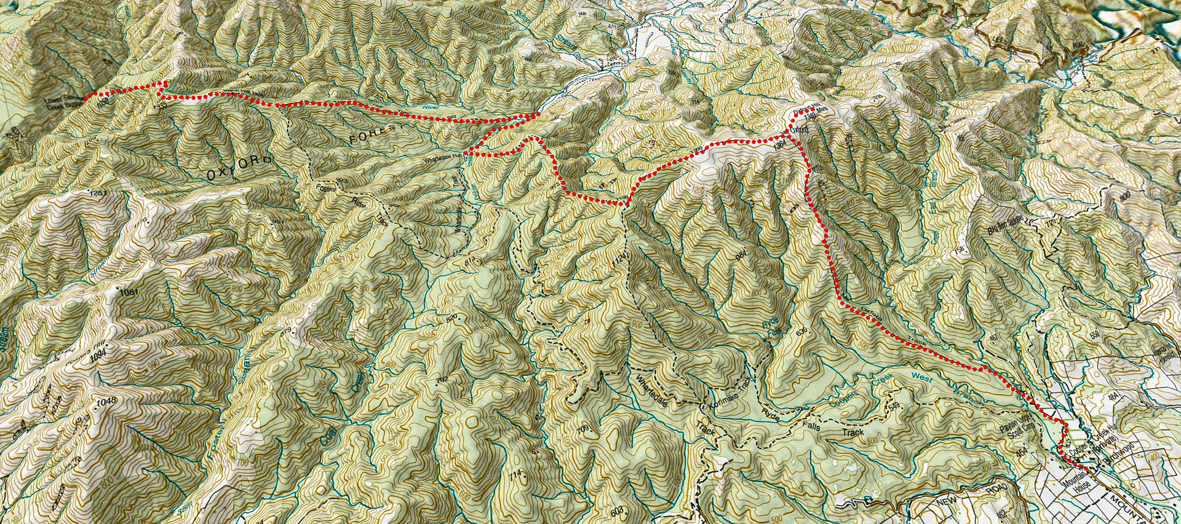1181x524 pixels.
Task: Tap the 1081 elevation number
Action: pyautogui.click(x=129, y=292)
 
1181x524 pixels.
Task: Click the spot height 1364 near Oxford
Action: pyautogui.click(x=779, y=143)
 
